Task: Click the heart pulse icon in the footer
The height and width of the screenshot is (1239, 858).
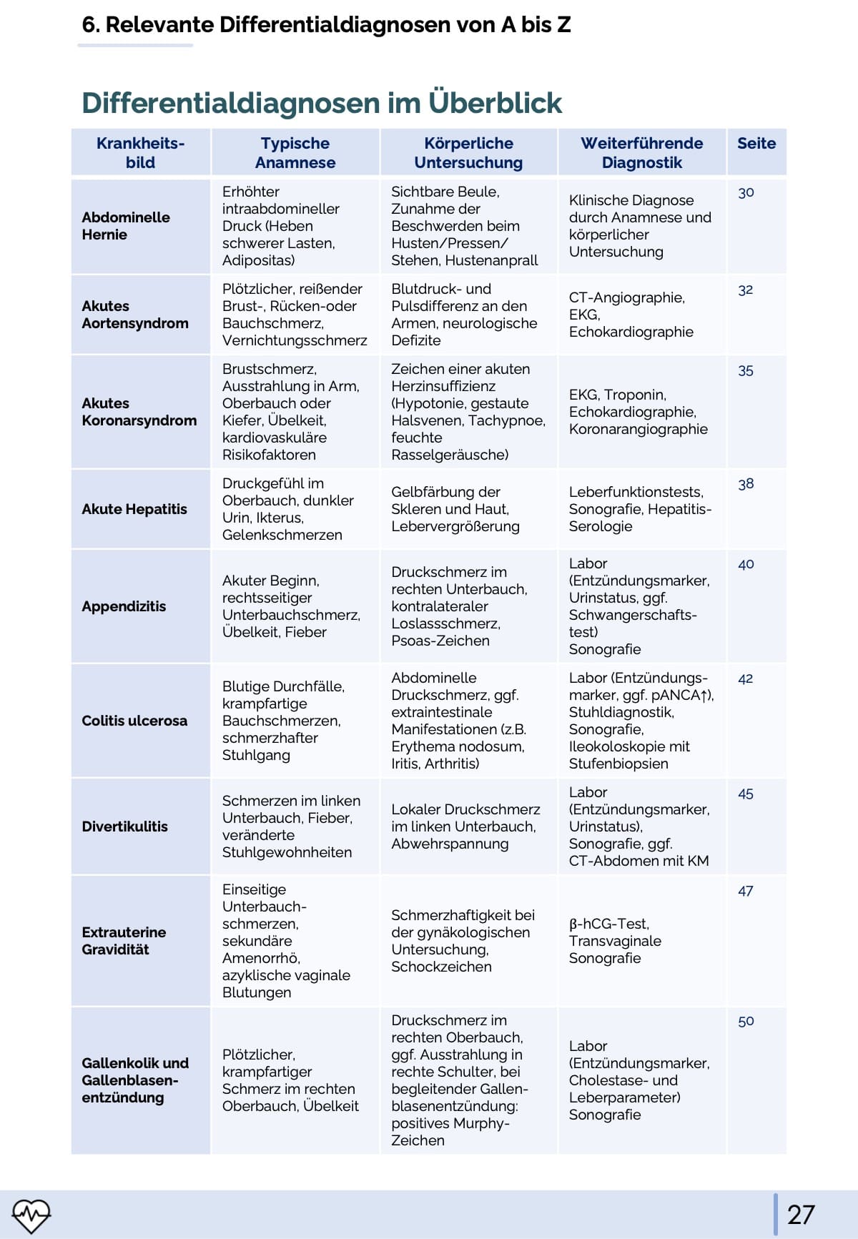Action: tap(31, 1215)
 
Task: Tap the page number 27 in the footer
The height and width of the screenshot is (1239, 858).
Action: tap(801, 1215)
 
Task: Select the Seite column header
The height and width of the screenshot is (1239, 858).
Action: tap(756, 144)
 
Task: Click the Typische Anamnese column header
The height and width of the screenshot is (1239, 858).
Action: tap(295, 153)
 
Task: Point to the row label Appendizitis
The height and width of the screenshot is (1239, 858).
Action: tap(124, 606)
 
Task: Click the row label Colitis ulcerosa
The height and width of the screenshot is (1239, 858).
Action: tap(134, 721)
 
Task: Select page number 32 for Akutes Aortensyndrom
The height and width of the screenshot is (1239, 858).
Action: tap(745, 290)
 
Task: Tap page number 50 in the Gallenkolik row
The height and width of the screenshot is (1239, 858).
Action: tap(746, 1021)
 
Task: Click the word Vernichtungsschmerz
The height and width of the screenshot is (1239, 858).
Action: tap(295, 340)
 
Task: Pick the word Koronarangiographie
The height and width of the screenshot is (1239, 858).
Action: tap(638, 429)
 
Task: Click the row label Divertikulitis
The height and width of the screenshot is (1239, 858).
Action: tap(124, 826)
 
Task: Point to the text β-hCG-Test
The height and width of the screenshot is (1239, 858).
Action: tap(608, 924)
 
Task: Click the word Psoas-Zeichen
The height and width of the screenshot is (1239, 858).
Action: tap(440, 641)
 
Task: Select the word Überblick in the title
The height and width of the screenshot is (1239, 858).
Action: tap(495, 103)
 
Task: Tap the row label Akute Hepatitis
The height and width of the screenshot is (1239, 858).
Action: tap(134, 509)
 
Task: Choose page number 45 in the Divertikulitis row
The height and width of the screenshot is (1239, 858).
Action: tap(745, 794)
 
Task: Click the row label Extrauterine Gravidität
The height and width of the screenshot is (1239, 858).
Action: tap(123, 941)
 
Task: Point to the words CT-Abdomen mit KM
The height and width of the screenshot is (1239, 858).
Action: tap(638, 861)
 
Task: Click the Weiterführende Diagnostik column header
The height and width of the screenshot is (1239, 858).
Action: tap(641, 153)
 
